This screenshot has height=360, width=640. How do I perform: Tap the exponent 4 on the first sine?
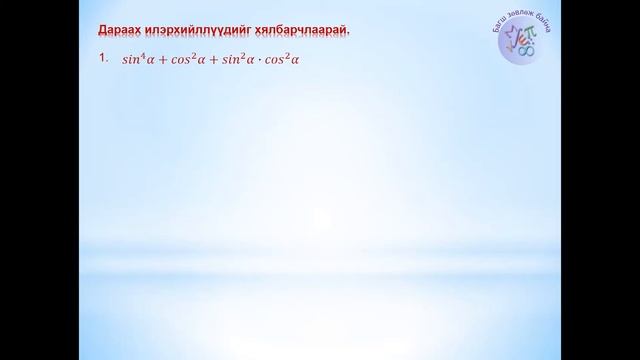click(x=138, y=56)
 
